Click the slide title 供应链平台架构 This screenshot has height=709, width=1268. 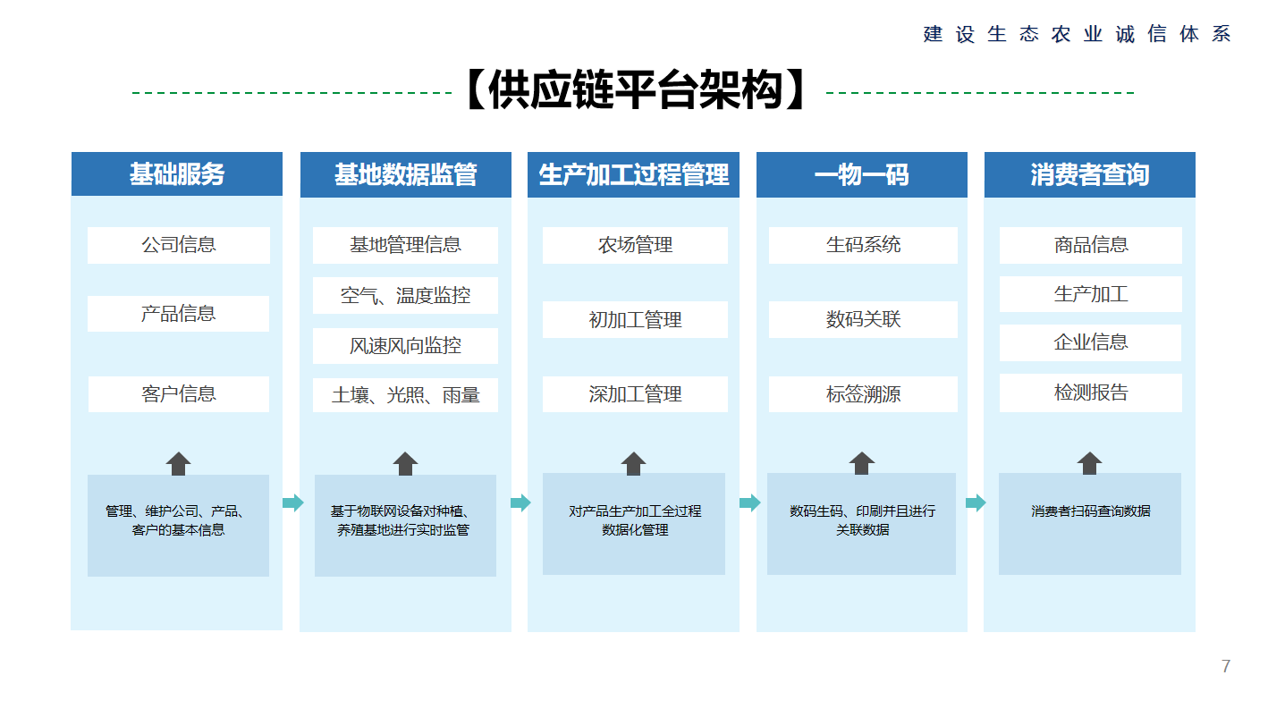(635, 89)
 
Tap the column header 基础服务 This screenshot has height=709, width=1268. (177, 173)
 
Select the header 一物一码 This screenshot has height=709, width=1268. (861, 174)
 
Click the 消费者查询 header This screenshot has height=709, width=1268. (1090, 174)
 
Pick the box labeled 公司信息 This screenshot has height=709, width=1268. (178, 245)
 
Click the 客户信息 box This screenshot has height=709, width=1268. (178, 393)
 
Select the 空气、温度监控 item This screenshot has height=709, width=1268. (405, 295)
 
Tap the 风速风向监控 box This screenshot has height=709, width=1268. (405, 345)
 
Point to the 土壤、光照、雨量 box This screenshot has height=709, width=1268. (405, 394)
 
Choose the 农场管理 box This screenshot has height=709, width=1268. (635, 245)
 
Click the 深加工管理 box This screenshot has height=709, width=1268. (635, 393)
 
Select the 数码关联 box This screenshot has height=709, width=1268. (863, 319)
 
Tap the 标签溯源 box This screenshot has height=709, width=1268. (863, 393)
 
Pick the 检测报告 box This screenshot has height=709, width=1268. (1091, 392)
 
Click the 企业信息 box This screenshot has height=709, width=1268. (1091, 342)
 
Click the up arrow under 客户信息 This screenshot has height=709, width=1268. (178, 463)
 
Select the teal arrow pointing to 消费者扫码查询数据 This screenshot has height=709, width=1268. (976, 502)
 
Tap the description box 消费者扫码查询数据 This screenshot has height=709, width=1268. (1090, 524)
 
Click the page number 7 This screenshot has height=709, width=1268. (1226, 666)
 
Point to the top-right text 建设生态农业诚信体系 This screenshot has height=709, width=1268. (1077, 34)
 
